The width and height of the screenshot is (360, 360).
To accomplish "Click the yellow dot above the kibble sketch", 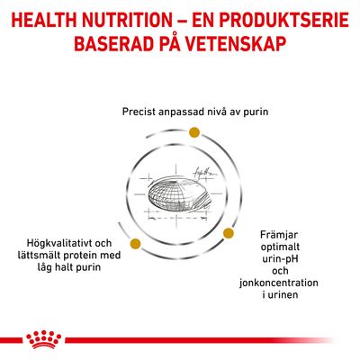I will tap(193, 133).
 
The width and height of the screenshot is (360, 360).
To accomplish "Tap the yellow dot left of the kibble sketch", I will tap(134, 242).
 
